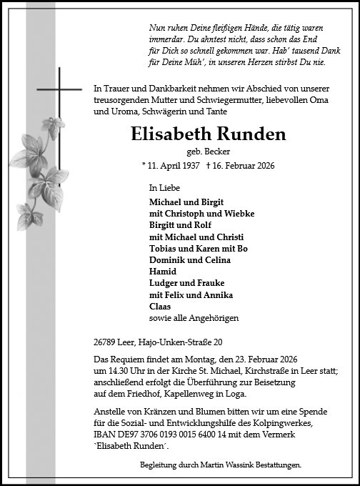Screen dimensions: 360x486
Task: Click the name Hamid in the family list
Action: tap(161, 272)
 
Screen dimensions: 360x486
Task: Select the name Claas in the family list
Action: tap(160, 306)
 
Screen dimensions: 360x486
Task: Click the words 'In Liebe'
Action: tap(163, 187)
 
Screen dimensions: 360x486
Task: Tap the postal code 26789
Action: tap(106, 342)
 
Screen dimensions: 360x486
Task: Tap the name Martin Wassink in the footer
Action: tap(219, 465)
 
